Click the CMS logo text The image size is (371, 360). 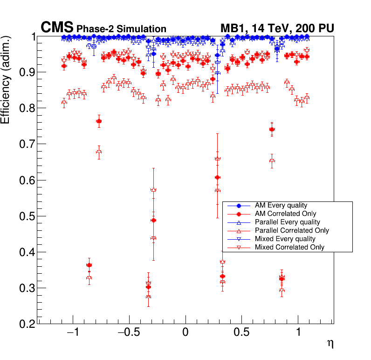click(57, 28)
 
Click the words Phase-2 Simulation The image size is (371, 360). click(121, 29)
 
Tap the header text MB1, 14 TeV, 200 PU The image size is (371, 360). click(277, 28)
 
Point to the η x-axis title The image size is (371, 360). click(330, 344)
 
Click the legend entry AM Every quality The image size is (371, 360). click(281, 205)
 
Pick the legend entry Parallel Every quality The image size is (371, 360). click(288, 222)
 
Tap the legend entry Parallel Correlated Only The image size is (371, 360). click(292, 230)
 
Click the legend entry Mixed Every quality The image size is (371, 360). click(284, 239)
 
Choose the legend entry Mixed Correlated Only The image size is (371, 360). click(289, 247)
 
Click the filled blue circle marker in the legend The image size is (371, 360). click(239, 206)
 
